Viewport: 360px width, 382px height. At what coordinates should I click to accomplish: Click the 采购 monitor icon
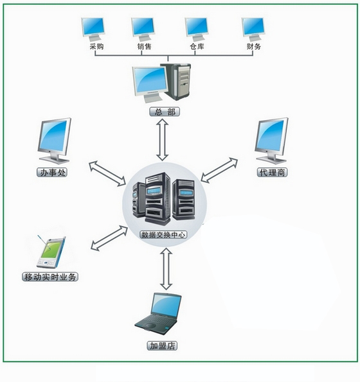[x=93, y=30]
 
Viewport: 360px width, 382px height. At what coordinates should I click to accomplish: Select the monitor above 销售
[x=143, y=30]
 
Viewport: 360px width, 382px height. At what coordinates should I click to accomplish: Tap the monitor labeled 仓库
[x=197, y=30]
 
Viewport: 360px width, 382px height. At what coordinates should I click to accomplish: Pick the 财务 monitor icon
[x=253, y=30]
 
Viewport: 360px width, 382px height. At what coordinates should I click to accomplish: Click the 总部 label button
[x=165, y=112]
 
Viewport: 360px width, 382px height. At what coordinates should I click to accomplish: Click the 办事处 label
[x=52, y=173]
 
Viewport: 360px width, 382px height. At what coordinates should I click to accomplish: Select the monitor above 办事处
[x=55, y=141]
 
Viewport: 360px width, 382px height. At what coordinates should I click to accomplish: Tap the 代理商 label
[x=272, y=173]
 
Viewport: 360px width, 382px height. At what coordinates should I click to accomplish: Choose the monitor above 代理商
[x=271, y=141]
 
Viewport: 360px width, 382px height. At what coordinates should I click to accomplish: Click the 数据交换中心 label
[x=163, y=234]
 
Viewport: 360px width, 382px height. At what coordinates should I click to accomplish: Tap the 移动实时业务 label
[x=50, y=277]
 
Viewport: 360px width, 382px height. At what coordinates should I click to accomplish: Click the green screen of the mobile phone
[x=51, y=249]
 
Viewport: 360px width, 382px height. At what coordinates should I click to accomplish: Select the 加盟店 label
[x=162, y=346]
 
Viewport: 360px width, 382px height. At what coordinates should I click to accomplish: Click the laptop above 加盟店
[x=159, y=313]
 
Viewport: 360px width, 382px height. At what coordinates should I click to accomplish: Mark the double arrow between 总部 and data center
[x=163, y=140]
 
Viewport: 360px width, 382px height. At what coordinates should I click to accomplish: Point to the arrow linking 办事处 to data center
[x=107, y=173]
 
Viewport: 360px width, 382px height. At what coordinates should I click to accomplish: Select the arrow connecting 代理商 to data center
[x=219, y=170]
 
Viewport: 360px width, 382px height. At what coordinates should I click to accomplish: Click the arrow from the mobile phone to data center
[x=109, y=238]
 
